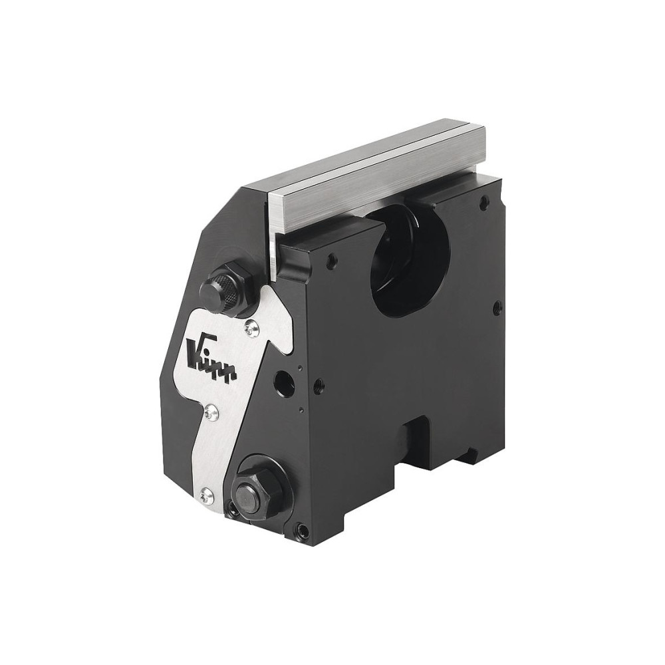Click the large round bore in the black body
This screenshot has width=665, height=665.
tap(406, 266)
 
